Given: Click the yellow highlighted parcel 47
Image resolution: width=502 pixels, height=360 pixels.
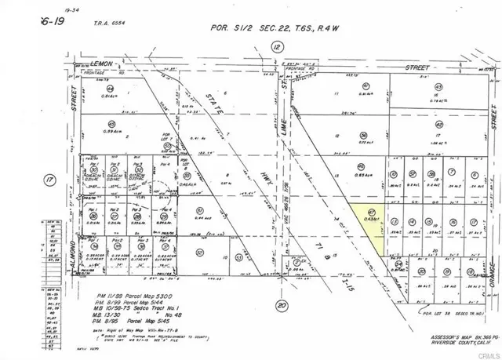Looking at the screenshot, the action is tap(366, 227).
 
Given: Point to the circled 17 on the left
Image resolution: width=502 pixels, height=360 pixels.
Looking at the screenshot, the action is tap(51, 180).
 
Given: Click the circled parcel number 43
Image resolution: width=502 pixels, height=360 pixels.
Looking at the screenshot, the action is tap(438, 86).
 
